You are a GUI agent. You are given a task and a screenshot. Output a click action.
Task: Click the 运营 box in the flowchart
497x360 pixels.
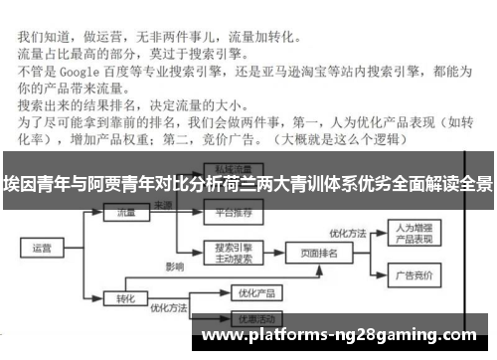click(x=42, y=248)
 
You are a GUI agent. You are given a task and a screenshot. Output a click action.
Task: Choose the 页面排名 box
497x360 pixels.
click(x=318, y=255)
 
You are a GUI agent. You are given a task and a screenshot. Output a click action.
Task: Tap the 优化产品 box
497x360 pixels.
click(x=245, y=293)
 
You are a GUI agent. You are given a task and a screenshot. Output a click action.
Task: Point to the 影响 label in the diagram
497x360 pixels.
click(x=175, y=268)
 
